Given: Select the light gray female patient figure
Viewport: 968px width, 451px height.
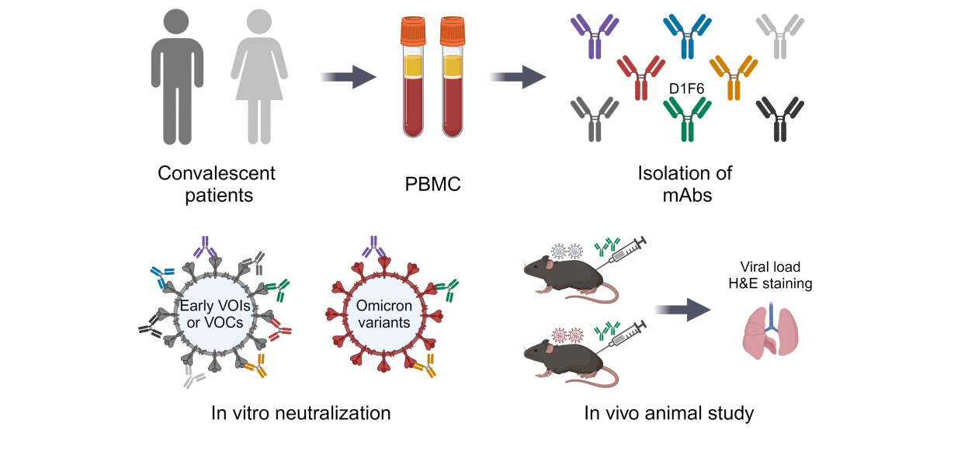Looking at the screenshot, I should tap(260, 85).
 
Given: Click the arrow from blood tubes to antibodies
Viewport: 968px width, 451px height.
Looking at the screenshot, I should tap(517, 76).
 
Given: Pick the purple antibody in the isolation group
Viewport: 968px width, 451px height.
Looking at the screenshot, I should tap(595, 36).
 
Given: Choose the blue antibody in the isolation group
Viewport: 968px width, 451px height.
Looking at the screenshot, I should tap(687, 36).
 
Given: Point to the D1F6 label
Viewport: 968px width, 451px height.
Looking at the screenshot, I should tap(687, 90).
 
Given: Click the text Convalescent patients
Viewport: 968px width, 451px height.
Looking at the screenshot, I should tap(217, 183).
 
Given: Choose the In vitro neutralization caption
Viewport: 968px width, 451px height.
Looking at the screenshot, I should tap(300, 413).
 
